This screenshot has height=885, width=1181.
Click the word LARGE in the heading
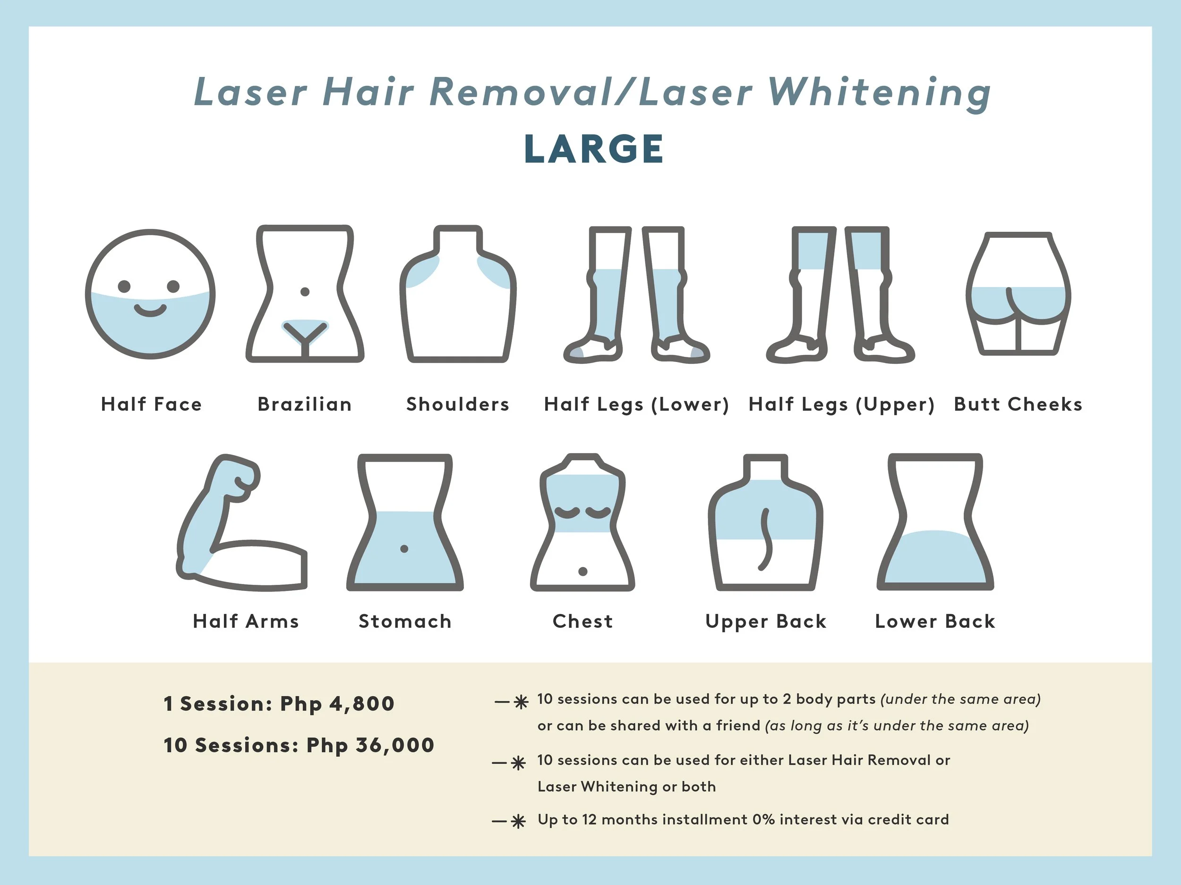point(594,149)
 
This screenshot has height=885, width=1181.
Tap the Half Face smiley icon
point(150,295)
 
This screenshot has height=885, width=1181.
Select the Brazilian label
point(304,405)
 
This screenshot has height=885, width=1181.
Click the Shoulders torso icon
point(458,295)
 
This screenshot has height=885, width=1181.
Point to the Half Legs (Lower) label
point(636,405)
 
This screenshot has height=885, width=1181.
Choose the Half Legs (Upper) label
point(841,405)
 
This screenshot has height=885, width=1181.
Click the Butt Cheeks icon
point(1018,294)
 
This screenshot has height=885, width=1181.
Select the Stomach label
point(405,622)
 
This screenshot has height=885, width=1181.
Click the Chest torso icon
point(582,523)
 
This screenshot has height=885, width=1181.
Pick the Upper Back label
point(766,622)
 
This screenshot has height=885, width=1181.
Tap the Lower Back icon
point(935,523)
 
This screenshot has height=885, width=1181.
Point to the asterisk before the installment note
point(518,822)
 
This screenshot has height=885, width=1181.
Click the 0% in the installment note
point(763,819)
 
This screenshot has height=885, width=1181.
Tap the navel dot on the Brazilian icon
point(305,292)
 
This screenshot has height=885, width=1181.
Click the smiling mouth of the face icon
point(150,310)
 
